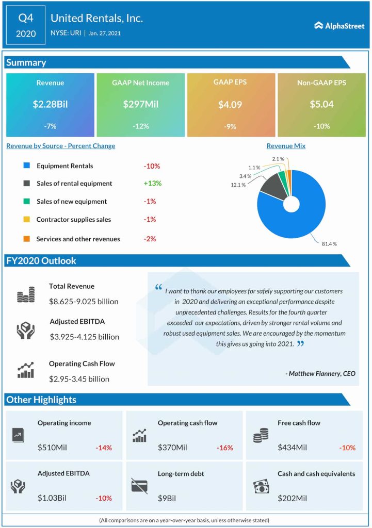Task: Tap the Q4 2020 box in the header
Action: pyautogui.click(x=26, y=26)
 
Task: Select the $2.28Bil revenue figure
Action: pyautogui.click(x=50, y=104)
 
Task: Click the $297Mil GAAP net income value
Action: pyautogui.click(x=140, y=104)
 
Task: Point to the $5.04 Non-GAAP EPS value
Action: pyautogui.click(x=321, y=104)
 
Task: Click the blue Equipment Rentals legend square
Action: pyautogui.click(x=26, y=166)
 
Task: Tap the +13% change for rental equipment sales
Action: pyautogui.click(x=152, y=183)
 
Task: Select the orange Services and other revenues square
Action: pyautogui.click(x=26, y=239)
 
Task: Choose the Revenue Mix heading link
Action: pyautogui.click(x=286, y=146)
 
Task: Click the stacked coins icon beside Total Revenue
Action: pyautogui.click(x=25, y=295)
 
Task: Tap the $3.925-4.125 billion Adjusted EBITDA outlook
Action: pyautogui.click(x=85, y=337)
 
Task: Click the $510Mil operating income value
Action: pyautogui.click(x=54, y=447)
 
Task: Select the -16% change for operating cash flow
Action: pyautogui.click(x=224, y=448)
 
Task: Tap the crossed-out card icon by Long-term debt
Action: pyautogui.click(x=139, y=485)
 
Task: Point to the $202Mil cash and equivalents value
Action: pyautogui.click(x=292, y=498)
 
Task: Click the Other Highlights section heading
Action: pyautogui.click(x=41, y=400)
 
